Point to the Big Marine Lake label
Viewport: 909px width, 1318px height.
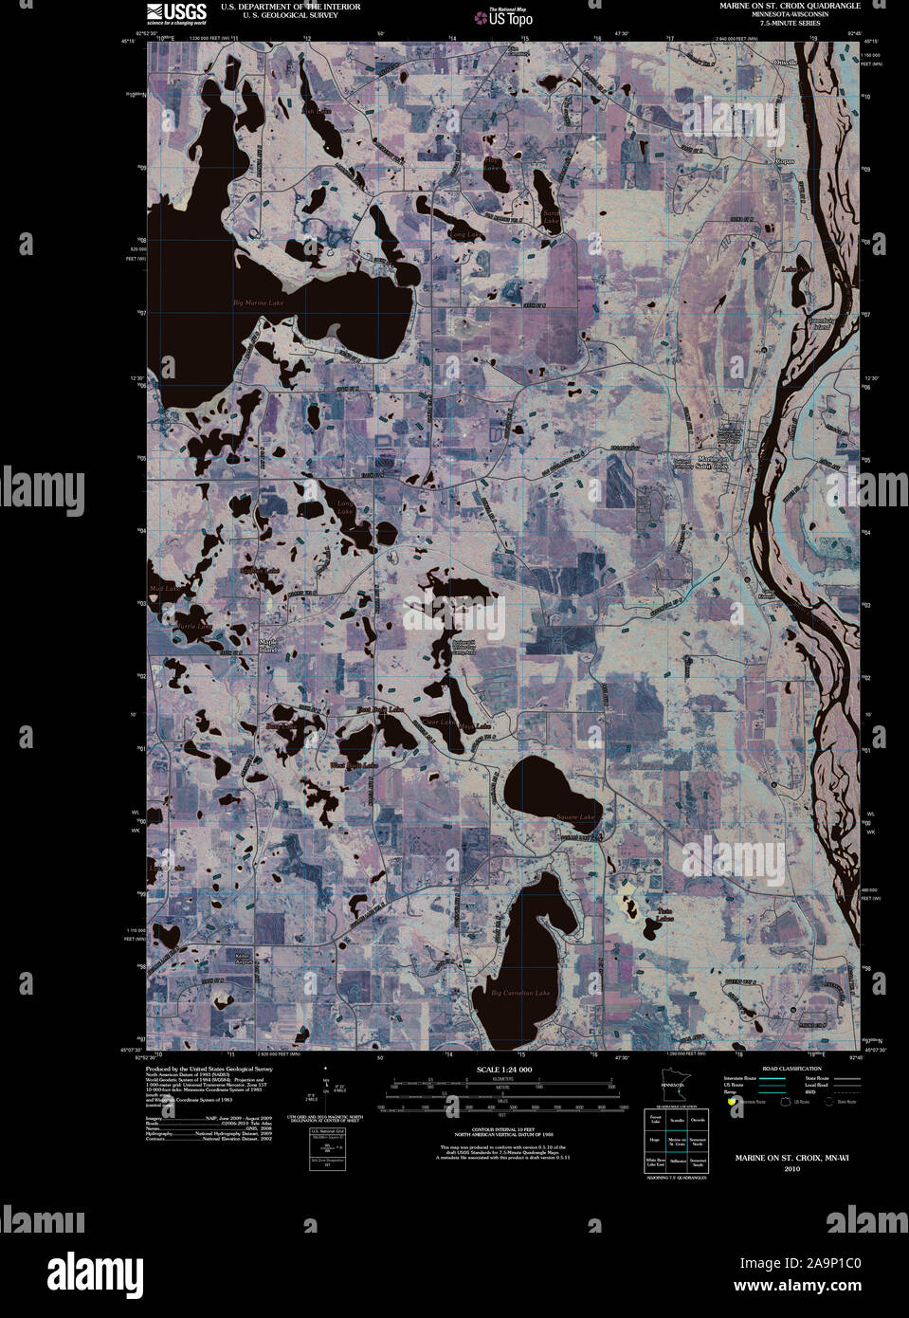pyautogui.click(x=258, y=302)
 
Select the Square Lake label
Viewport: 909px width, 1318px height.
pyautogui.click(x=574, y=816)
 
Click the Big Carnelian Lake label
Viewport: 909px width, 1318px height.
pyautogui.click(x=520, y=993)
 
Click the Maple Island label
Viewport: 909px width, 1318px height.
pyautogui.click(x=267, y=646)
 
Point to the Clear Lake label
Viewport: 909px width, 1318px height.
pyautogui.click(x=439, y=722)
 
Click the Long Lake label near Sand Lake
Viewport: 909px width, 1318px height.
pyautogui.click(x=464, y=233)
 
